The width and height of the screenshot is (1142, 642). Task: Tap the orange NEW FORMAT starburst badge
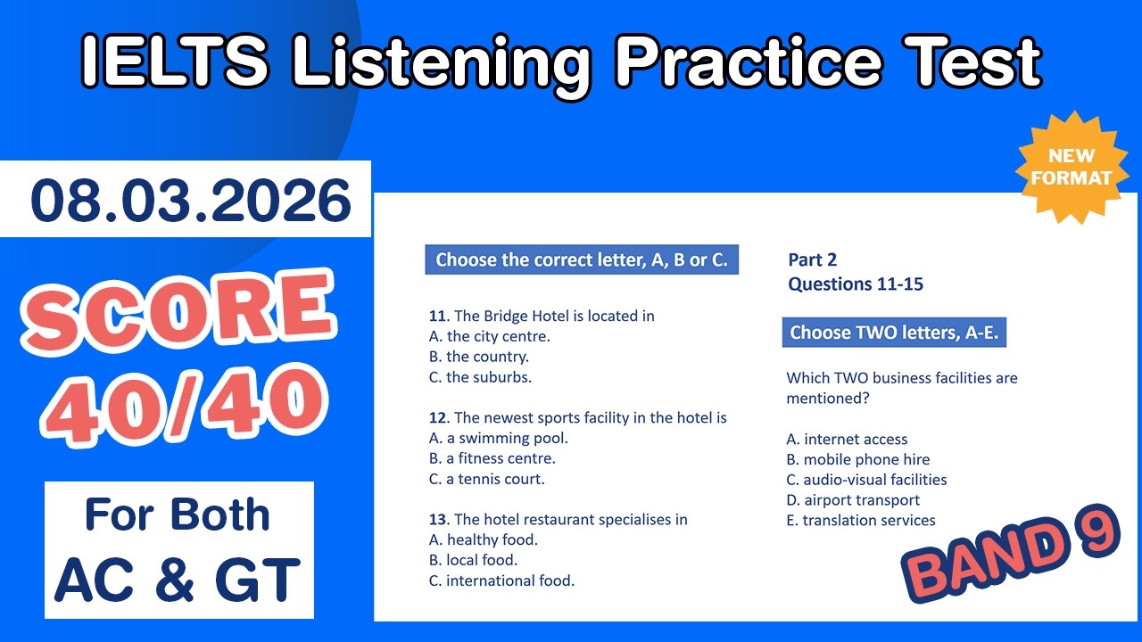click(1072, 166)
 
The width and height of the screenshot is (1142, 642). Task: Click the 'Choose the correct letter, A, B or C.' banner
click(582, 260)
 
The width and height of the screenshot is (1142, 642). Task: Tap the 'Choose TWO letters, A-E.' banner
click(894, 333)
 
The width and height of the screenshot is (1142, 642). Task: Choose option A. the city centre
click(489, 336)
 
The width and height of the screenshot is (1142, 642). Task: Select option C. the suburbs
click(480, 377)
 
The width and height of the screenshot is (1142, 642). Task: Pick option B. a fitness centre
click(492, 458)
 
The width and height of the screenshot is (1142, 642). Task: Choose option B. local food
click(473, 560)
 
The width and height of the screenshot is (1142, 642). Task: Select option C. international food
click(501, 580)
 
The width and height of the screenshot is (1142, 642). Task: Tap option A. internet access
click(847, 439)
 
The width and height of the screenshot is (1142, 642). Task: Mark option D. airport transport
click(853, 500)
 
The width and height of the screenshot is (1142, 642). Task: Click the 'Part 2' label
click(812, 260)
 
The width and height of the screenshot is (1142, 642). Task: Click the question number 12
click(437, 417)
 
